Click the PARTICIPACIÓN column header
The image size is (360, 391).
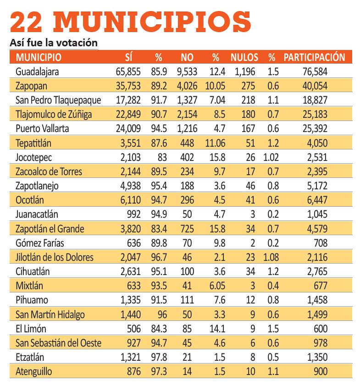pyautogui.click(x=314, y=57)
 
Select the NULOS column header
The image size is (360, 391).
pyautogui.click(x=244, y=57)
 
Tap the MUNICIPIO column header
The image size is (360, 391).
pyautogui.click(x=39, y=57)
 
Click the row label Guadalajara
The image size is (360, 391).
pyautogui.click(x=37, y=72)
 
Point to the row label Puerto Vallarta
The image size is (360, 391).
pyautogui.click(x=42, y=129)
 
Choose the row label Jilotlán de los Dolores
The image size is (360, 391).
pyautogui.click(x=55, y=257)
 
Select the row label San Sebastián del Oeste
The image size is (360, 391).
pyautogui.click(x=58, y=343)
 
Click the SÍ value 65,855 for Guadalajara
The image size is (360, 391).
pyautogui.click(x=128, y=72)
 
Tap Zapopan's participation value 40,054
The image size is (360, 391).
pyautogui.click(x=315, y=86)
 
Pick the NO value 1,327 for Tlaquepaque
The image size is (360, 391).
pyautogui.click(x=187, y=100)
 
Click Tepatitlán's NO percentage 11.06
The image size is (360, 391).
pyautogui.click(x=215, y=143)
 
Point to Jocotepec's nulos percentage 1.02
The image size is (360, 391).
pyautogui.click(x=271, y=158)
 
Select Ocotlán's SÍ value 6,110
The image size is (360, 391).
pyautogui.click(x=131, y=200)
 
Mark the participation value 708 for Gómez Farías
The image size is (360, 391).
pyautogui.click(x=321, y=243)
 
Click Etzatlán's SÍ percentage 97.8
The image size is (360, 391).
pyautogui.click(x=159, y=358)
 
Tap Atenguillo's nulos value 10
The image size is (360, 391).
pyautogui.click(x=250, y=372)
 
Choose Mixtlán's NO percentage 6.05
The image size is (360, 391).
pyautogui.click(x=217, y=286)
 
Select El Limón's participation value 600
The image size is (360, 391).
pyautogui.click(x=321, y=329)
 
